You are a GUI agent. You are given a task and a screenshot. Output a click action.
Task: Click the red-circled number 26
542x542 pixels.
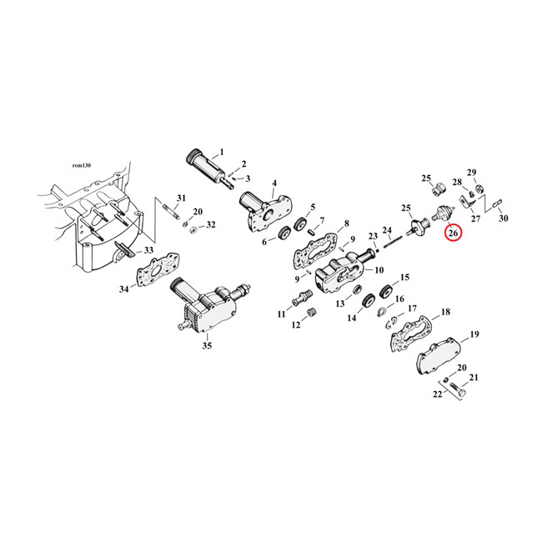pyautogui.click(x=454, y=233)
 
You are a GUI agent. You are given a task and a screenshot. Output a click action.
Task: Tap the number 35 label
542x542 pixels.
pyautogui.click(x=207, y=344)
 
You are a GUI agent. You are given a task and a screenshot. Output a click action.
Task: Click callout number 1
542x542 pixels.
pyautogui.click(x=222, y=153)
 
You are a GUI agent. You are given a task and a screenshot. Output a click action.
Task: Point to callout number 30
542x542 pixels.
pyautogui.click(x=503, y=218)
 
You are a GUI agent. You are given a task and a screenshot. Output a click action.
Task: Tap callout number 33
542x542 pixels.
pyautogui.click(x=148, y=250)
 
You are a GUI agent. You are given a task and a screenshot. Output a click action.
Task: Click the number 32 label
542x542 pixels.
pyautogui.click(x=210, y=225)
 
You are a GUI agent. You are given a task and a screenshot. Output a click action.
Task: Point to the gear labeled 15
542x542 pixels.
pyautogui.click(x=385, y=293)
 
